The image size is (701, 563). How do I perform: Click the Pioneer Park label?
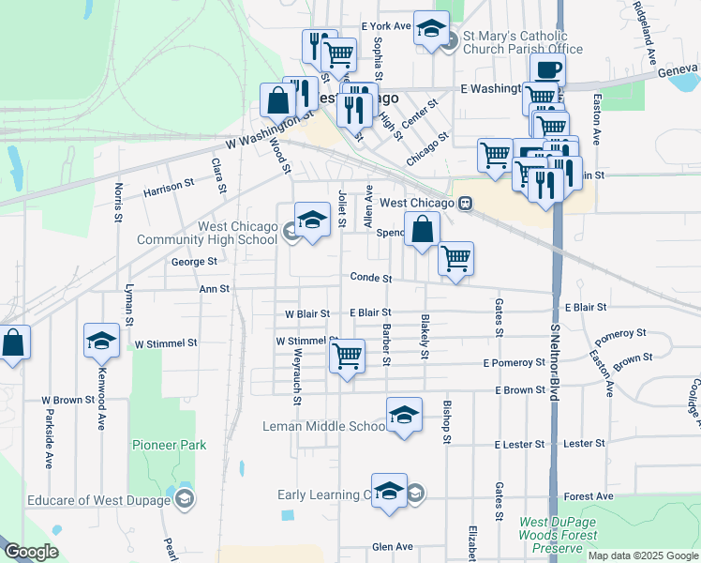pos(169,445)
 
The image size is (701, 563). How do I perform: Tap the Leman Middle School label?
pos(324,427)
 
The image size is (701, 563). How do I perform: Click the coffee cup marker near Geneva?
pos(547,69)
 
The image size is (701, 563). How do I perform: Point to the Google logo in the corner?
pos(31,552)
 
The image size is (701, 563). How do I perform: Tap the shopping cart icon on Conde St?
pos(455,258)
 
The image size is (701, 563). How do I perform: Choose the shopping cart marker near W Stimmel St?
pos(347,356)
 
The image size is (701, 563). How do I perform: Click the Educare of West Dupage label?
pos(99,499)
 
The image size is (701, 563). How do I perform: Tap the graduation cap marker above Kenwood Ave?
pos(101,341)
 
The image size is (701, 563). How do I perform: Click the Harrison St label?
pos(169,190)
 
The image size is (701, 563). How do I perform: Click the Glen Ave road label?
pos(392,546)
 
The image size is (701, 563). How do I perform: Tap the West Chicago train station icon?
pos(464,203)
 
